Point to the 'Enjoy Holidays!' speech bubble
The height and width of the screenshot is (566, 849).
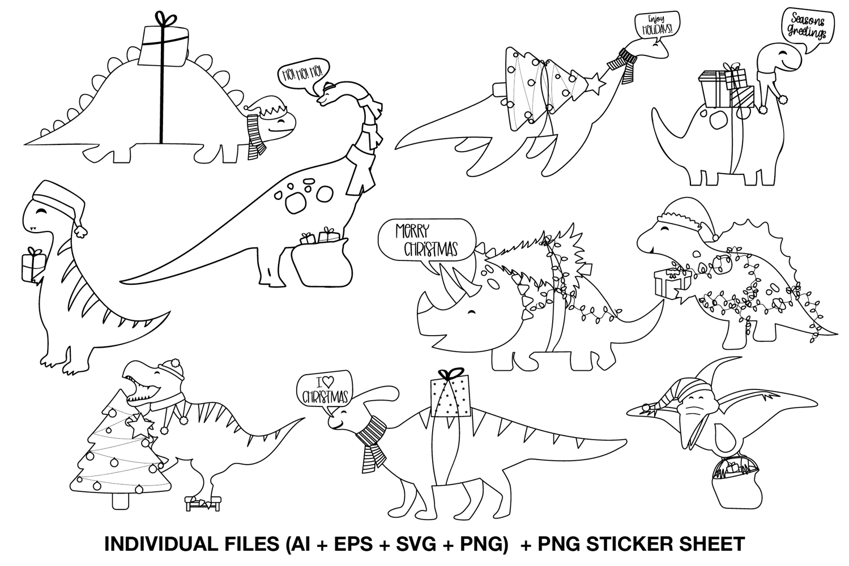tap(657, 25)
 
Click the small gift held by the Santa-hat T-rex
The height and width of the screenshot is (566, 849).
tap(33, 265)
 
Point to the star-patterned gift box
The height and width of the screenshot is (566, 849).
tap(451, 396)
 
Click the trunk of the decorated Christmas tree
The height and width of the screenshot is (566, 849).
tap(121, 501)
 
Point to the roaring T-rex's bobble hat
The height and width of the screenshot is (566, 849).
tap(171, 367)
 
